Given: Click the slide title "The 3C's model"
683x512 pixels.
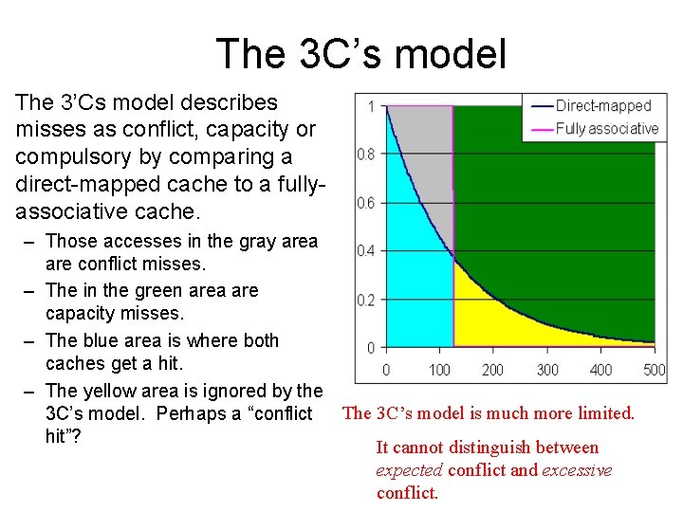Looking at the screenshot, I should [x=360, y=53].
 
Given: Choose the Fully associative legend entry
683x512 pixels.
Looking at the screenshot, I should [x=606, y=129].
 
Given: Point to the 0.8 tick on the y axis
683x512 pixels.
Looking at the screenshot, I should [x=365, y=154].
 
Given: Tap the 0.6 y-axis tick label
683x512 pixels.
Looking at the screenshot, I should [x=365, y=203].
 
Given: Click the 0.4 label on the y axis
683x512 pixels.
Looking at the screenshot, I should [x=365, y=251].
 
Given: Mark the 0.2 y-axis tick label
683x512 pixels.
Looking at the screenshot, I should [x=365, y=301].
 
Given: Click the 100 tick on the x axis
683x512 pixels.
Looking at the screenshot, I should [x=439, y=370].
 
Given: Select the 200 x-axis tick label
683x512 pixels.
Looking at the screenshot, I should [x=492, y=370].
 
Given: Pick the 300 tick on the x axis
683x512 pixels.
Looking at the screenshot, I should [x=547, y=370].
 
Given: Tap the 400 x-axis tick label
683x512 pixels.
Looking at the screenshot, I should [x=600, y=370].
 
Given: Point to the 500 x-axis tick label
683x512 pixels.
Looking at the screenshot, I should [x=654, y=370].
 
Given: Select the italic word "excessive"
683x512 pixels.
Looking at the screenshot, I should [x=577, y=470].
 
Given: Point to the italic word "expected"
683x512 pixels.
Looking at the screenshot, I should [x=411, y=470].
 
